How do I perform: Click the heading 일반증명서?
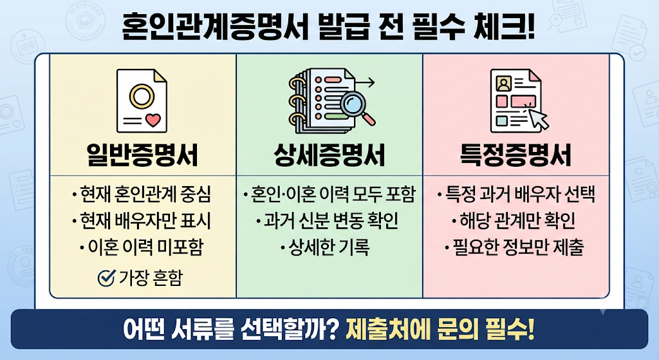pos(142,155)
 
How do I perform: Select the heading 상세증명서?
pos(329,155)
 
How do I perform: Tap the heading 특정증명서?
pos(515,155)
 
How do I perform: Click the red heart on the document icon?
pos(153,120)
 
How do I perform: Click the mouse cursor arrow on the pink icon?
pos(539,119)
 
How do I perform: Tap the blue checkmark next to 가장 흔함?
pos(106,278)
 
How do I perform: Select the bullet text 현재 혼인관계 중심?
pos(142,194)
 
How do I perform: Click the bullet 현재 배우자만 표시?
pos(142,221)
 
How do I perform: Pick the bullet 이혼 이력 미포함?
pos(142,247)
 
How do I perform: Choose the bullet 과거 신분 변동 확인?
pos(328,221)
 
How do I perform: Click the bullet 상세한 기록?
pos(325,247)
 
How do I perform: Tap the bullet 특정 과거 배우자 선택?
pos(516,194)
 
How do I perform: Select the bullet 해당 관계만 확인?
pos(514,221)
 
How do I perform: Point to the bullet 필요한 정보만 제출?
pos(515,247)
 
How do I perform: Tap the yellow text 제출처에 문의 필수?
pos(440,329)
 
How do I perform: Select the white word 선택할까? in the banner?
pos(290,329)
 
